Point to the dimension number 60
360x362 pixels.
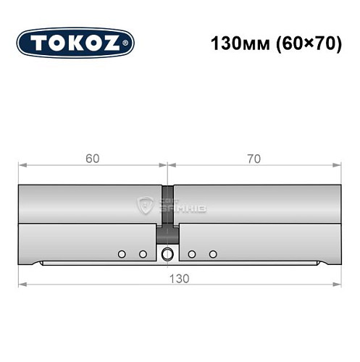point(91,158)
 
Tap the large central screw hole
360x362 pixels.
point(168,253)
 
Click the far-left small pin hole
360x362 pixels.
point(122,253)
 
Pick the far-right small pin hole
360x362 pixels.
point(213,253)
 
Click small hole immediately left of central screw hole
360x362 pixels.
point(143,253)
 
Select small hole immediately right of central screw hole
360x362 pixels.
point(192,253)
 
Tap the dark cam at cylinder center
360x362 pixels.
point(168,214)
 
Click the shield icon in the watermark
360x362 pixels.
point(144,206)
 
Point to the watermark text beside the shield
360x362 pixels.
point(171,206)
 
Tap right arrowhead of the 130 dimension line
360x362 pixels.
point(338,285)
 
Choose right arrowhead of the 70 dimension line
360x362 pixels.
point(338,166)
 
